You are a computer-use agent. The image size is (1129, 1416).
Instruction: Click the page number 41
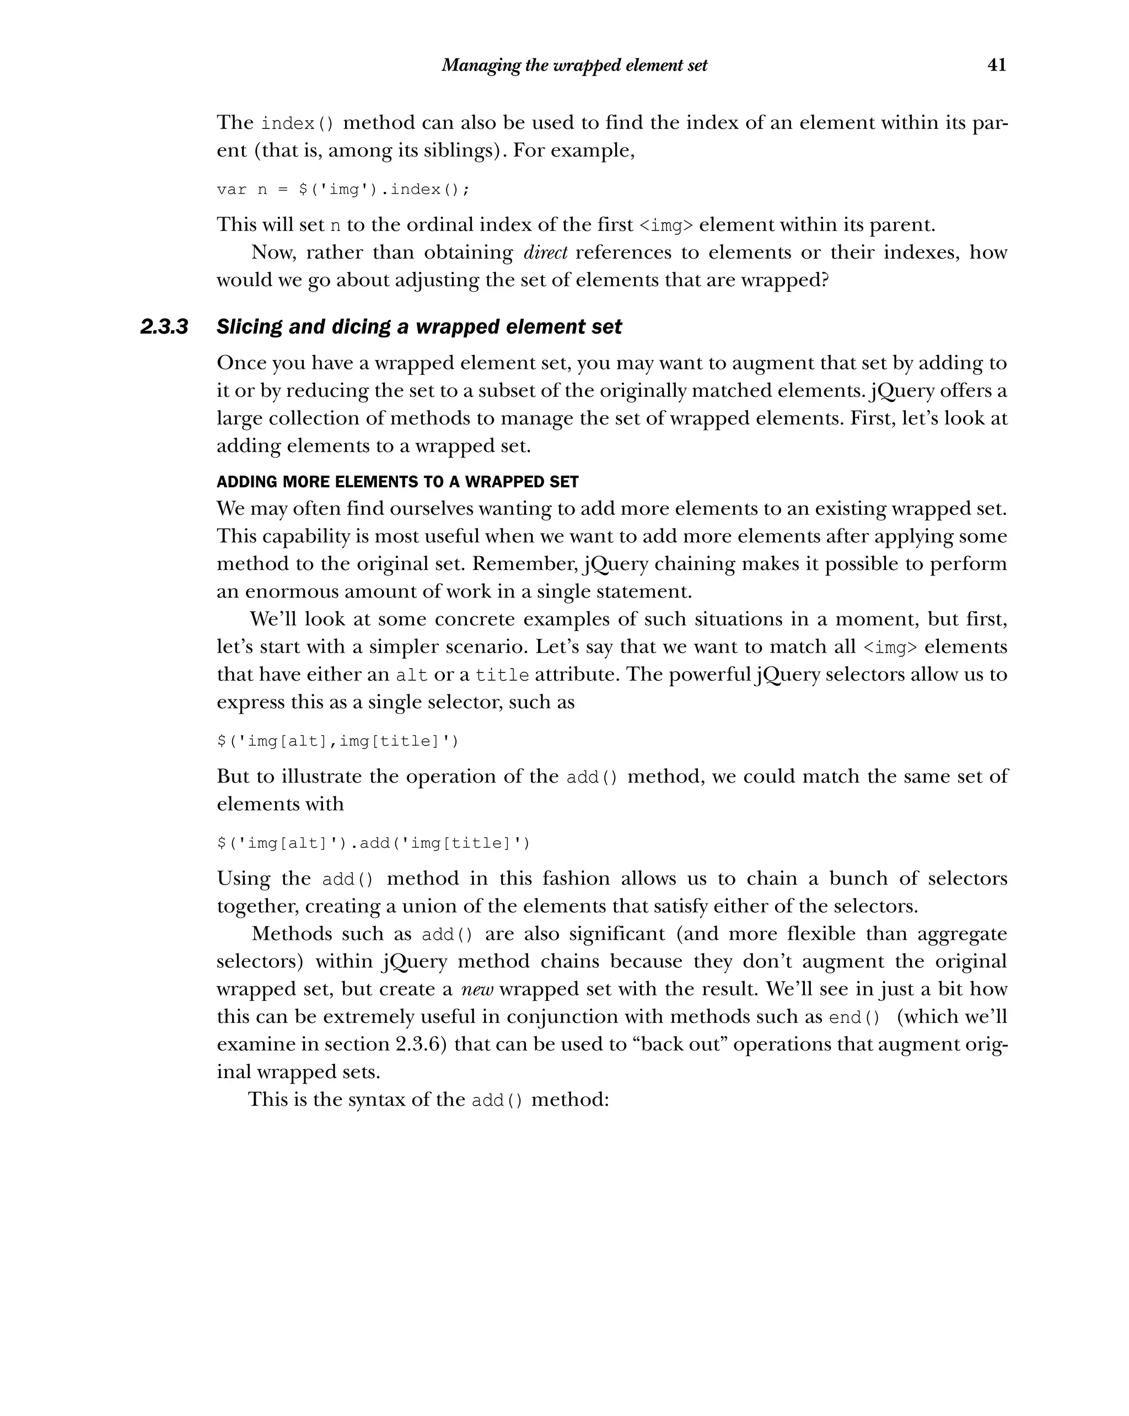pos(996,65)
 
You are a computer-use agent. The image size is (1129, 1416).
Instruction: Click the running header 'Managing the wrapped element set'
pos(574,65)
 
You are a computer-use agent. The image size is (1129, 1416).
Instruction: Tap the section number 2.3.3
pos(164,326)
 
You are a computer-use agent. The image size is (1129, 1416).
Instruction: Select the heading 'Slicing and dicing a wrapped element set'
pos(418,326)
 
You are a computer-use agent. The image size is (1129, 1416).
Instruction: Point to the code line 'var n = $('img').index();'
pos(343,190)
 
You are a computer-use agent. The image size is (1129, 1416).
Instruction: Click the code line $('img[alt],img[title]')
pos(337,741)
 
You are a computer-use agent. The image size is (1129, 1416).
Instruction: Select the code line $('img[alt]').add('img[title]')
pos(373,843)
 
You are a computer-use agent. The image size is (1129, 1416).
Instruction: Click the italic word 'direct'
pos(545,252)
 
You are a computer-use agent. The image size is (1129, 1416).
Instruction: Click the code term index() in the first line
pos(298,123)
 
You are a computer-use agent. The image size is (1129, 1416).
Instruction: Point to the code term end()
pos(854,1017)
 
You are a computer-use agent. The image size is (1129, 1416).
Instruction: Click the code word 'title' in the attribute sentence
pos(502,675)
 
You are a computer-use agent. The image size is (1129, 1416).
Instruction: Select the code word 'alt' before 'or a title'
pos(412,675)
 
